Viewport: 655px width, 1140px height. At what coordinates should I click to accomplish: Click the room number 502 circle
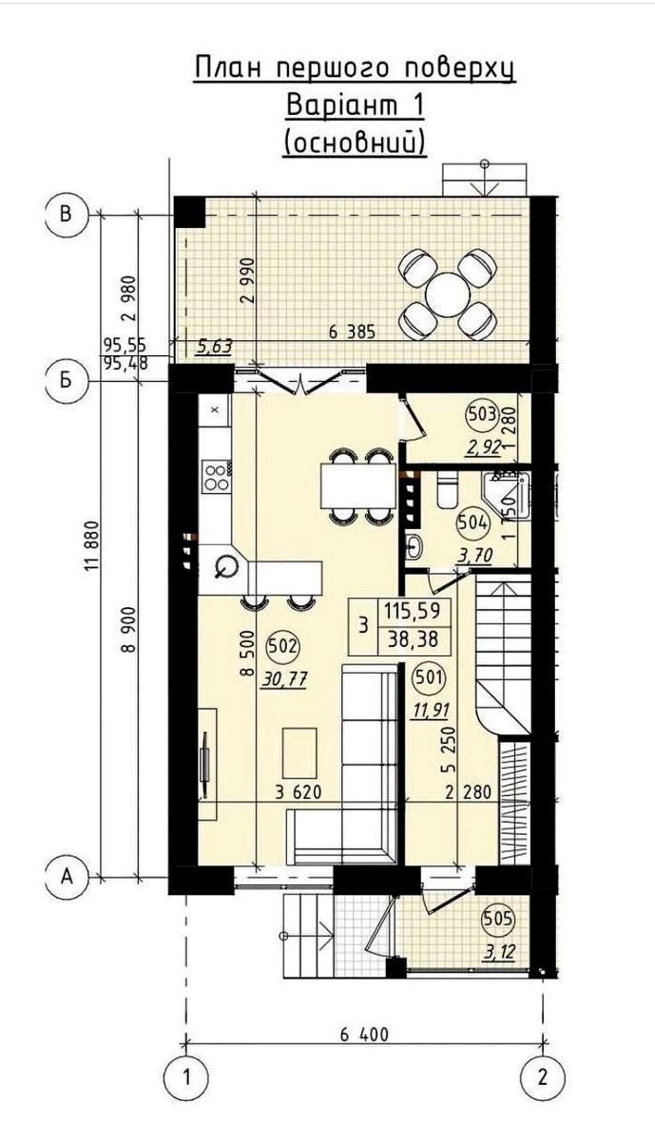(x=282, y=647)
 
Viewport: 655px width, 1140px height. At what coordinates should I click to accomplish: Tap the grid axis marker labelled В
(x=66, y=215)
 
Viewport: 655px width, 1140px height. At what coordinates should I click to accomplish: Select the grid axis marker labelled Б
(x=66, y=381)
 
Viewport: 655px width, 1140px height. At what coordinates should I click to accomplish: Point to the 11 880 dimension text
(x=91, y=546)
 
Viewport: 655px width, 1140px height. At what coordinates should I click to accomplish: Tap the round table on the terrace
(x=448, y=294)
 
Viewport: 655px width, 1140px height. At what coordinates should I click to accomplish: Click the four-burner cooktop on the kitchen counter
(x=216, y=476)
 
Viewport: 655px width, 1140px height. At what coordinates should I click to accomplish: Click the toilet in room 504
(x=447, y=489)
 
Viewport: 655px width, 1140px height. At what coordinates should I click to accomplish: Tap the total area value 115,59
(x=412, y=610)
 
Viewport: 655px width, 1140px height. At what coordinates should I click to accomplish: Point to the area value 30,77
(x=284, y=678)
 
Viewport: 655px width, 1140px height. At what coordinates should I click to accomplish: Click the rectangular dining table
(x=357, y=485)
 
